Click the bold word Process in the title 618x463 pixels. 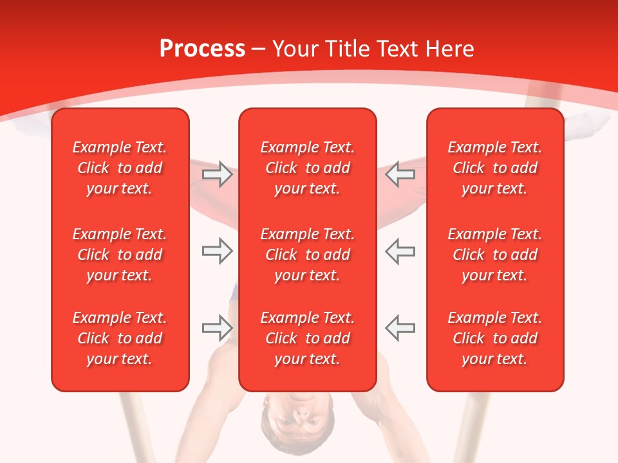(x=202, y=49)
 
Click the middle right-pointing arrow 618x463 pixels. (x=217, y=251)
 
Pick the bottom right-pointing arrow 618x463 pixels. (x=217, y=328)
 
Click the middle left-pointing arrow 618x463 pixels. (x=400, y=251)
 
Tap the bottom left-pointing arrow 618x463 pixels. (x=400, y=328)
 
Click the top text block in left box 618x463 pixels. (x=120, y=168)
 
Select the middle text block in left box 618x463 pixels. (x=120, y=255)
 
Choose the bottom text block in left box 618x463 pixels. (x=120, y=338)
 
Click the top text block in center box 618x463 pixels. (x=307, y=168)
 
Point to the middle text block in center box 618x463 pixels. (x=307, y=255)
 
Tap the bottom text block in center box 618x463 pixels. (x=307, y=338)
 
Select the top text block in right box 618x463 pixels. (x=494, y=168)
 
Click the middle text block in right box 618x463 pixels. (x=494, y=255)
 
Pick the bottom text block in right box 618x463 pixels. (x=494, y=338)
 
